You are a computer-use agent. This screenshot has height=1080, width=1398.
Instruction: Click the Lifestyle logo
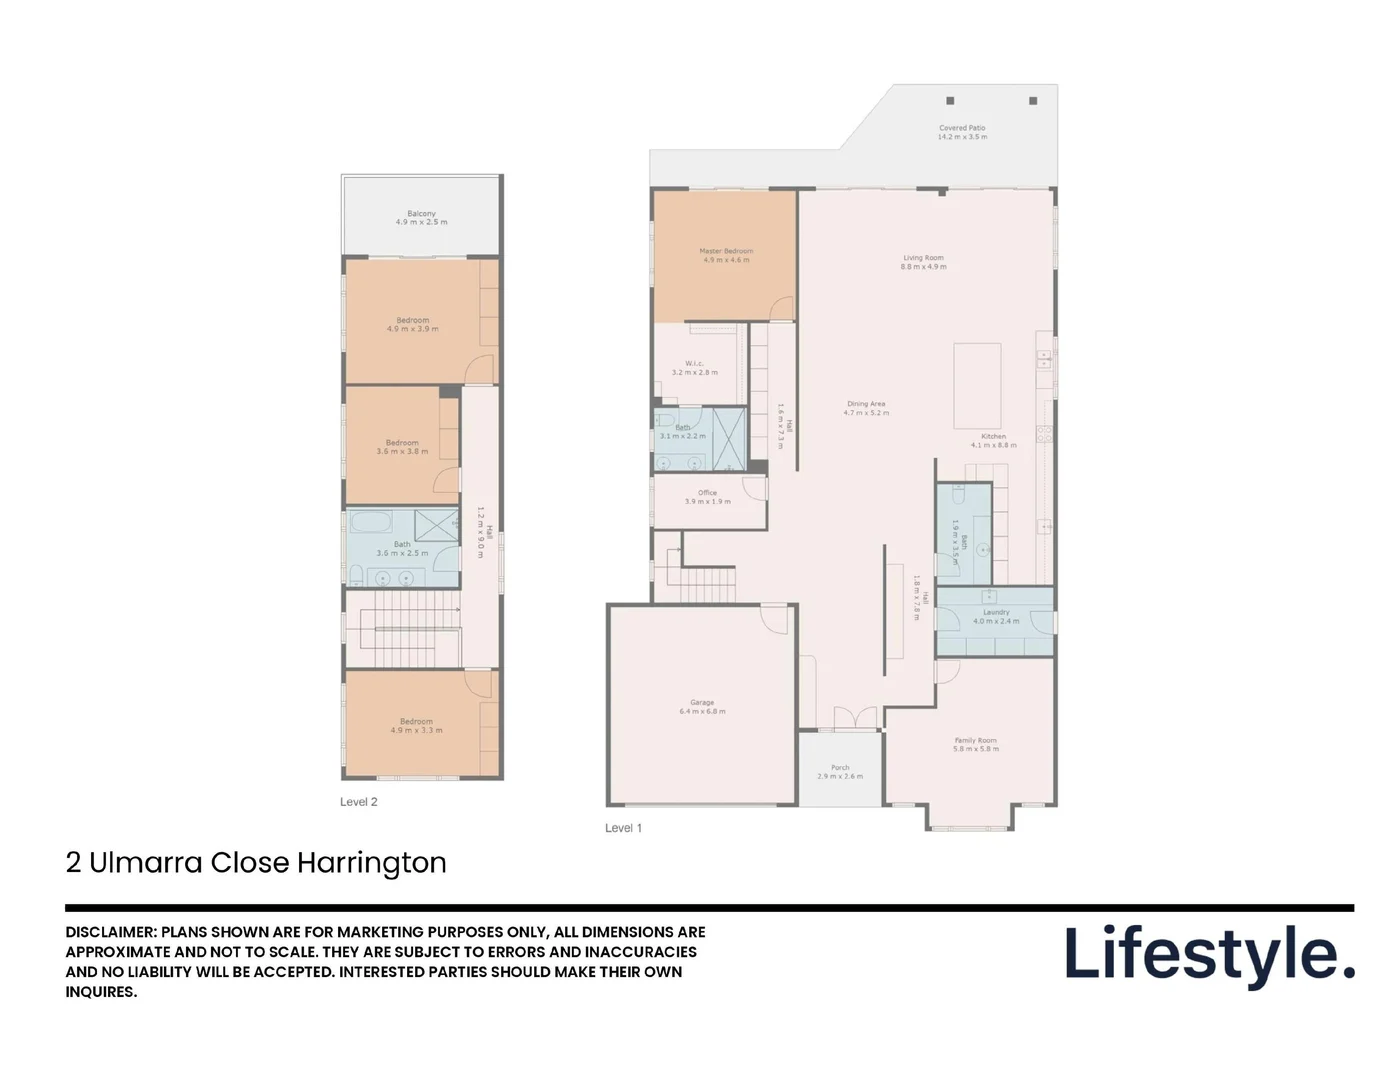[1209, 954]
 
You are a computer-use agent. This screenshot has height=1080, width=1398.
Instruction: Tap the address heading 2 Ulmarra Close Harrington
[256, 862]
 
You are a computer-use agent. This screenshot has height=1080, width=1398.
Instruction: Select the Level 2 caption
[359, 802]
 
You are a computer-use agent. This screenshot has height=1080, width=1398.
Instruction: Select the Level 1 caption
[623, 828]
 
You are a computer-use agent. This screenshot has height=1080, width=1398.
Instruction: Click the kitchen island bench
[977, 385]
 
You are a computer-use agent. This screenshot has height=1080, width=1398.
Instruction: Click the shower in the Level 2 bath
[436, 526]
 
